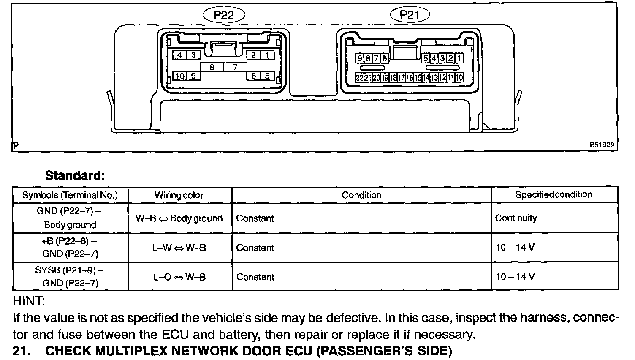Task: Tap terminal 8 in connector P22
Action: pos(212,67)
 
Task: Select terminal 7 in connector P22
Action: pos(235,67)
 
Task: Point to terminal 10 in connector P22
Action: pos(180,76)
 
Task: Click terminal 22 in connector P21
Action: pos(359,78)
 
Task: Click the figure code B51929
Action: pos(602,145)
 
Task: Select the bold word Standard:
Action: pos(75,175)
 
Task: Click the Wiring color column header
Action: pos(179,195)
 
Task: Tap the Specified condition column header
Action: pos(554,194)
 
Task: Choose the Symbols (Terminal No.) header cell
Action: pos(70,195)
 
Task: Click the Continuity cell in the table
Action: pos(516,218)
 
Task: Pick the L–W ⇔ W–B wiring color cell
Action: pos(179,248)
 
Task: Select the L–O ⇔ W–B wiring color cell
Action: pos(179,277)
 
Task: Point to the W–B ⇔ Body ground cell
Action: pos(179,218)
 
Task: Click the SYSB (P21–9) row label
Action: pos(70,276)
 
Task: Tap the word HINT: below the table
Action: pos(29,302)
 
